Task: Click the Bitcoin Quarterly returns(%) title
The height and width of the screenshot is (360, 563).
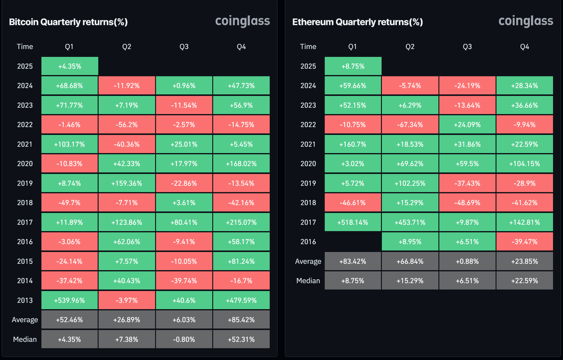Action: point(68,22)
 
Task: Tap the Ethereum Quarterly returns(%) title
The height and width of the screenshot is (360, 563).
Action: point(358,22)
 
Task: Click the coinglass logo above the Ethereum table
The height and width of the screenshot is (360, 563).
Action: point(525,21)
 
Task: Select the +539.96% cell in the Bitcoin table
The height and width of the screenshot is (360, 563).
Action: point(69,300)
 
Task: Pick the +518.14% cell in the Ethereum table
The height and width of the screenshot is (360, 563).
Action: point(353,222)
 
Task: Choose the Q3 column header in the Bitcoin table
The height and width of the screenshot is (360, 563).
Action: point(184,46)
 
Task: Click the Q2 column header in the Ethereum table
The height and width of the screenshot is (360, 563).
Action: point(410,46)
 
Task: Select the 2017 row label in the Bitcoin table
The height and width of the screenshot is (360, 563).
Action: point(25,222)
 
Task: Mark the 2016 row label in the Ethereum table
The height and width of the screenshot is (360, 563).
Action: point(308,242)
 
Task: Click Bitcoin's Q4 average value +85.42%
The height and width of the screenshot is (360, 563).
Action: point(241,320)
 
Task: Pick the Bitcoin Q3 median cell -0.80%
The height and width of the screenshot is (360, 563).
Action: point(184,339)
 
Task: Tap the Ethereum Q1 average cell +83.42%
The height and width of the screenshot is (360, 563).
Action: point(353,261)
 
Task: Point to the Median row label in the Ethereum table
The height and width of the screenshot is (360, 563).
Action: point(308,281)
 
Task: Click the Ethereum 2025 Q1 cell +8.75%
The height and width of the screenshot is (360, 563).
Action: point(353,66)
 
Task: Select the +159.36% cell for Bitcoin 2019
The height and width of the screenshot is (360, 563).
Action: point(127,183)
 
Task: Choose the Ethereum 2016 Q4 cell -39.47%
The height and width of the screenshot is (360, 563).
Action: point(525,242)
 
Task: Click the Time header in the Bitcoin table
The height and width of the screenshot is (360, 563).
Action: point(25,46)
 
